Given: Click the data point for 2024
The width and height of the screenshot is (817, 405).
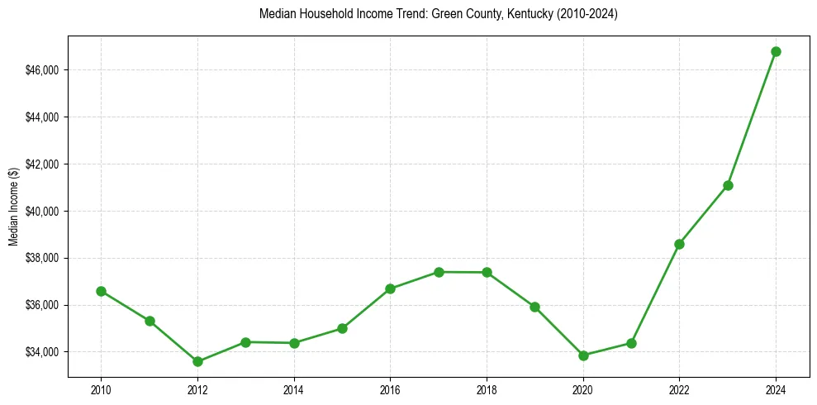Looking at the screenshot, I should (x=776, y=51).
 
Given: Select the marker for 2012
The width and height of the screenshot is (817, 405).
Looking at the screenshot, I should (x=197, y=361).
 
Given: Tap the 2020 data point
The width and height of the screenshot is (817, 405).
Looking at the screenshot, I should (x=583, y=355).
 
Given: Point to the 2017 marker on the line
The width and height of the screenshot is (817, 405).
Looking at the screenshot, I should (x=439, y=272).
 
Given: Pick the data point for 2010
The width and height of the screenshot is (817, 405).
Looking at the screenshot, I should (x=101, y=291).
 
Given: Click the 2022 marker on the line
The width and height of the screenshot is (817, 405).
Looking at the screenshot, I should (x=679, y=244).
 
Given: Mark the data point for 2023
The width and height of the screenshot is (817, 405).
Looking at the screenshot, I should (x=728, y=185).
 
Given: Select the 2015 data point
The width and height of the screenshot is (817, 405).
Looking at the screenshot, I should (x=342, y=328).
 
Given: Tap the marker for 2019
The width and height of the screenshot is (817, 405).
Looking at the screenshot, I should (x=534, y=307).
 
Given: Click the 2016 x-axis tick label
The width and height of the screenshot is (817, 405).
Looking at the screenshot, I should (x=390, y=389).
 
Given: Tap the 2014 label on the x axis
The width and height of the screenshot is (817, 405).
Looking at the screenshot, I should (x=294, y=389).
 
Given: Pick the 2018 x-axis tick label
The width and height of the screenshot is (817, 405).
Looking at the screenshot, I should (x=487, y=389).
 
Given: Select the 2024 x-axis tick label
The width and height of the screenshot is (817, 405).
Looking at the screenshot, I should (x=776, y=389).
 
